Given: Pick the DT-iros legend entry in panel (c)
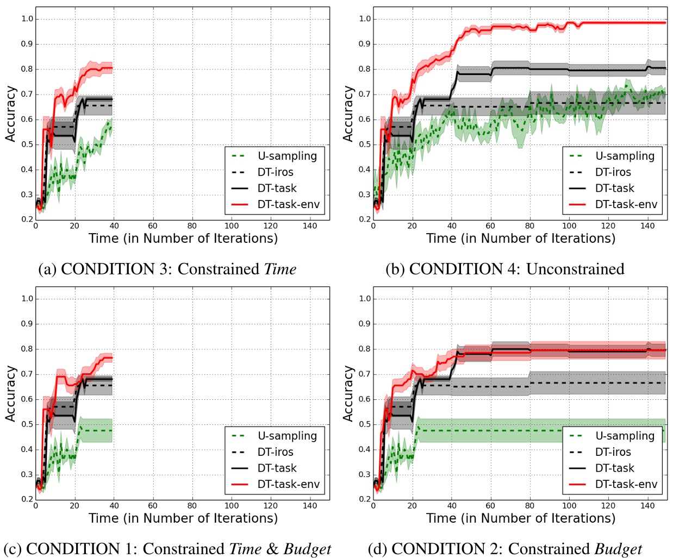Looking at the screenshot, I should pos(275,452).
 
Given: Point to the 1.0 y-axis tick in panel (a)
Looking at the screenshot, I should pos(27,19).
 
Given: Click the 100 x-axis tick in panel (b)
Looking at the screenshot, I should pos(569,226).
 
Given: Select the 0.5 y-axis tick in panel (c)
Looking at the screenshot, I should pos(27,424).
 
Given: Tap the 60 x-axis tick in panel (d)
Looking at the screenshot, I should pos(490,506).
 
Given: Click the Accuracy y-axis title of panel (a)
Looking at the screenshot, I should pos(10,114).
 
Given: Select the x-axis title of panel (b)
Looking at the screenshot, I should pos(521,239).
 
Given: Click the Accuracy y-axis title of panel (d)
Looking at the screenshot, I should pos(348,394).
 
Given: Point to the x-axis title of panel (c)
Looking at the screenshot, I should pos(183,518).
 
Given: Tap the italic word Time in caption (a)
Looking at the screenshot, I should pos(280,269).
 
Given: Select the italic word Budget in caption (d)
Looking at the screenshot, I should pos(618,549).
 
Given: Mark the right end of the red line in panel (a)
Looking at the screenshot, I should pos(112,68).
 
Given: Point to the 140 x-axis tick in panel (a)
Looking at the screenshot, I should pos(310,226).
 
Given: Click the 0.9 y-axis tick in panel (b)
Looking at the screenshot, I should pos(365,44).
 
